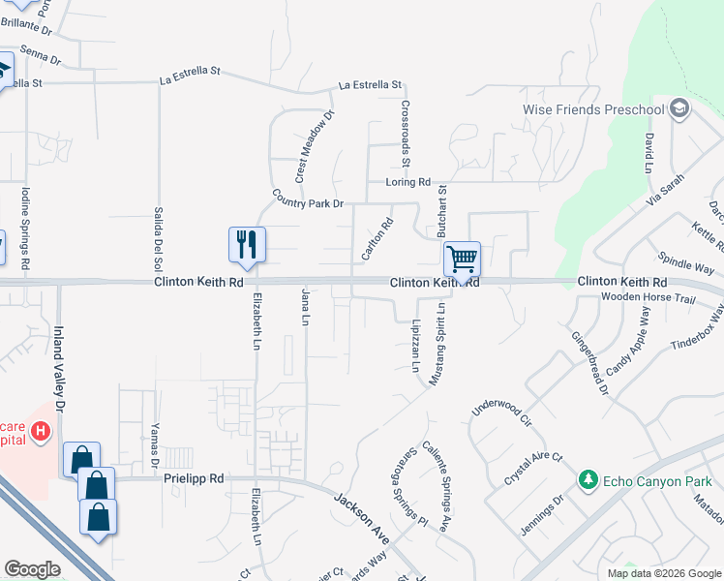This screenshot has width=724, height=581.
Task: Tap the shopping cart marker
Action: point(462,259)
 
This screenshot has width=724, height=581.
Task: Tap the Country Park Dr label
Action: point(308,199)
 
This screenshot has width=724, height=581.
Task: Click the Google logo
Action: point(32,569)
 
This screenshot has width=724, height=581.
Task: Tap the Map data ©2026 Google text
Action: point(663,573)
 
